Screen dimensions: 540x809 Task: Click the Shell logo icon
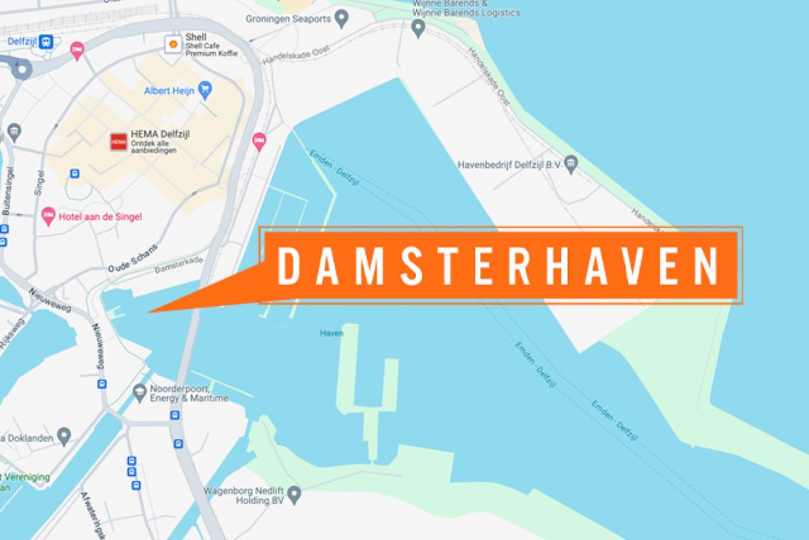[x=172, y=44]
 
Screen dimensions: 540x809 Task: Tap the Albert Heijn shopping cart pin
[x=205, y=90]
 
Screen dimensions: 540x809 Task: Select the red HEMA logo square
[x=118, y=141]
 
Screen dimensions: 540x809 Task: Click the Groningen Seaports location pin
[x=341, y=18]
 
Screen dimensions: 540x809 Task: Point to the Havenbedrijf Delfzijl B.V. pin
[x=571, y=165]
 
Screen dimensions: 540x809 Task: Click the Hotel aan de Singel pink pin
[x=48, y=215]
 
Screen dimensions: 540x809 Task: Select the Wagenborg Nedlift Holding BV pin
[x=294, y=493]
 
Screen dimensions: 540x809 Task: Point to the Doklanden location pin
[x=64, y=435]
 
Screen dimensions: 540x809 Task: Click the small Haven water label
[x=331, y=333]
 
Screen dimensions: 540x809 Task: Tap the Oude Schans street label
[x=133, y=258]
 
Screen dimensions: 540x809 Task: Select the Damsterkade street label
[x=178, y=265]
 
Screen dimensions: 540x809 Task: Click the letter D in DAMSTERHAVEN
[x=287, y=266]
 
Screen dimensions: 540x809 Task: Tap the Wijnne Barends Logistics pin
[x=418, y=28]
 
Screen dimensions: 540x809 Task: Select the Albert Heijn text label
[x=170, y=91]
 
